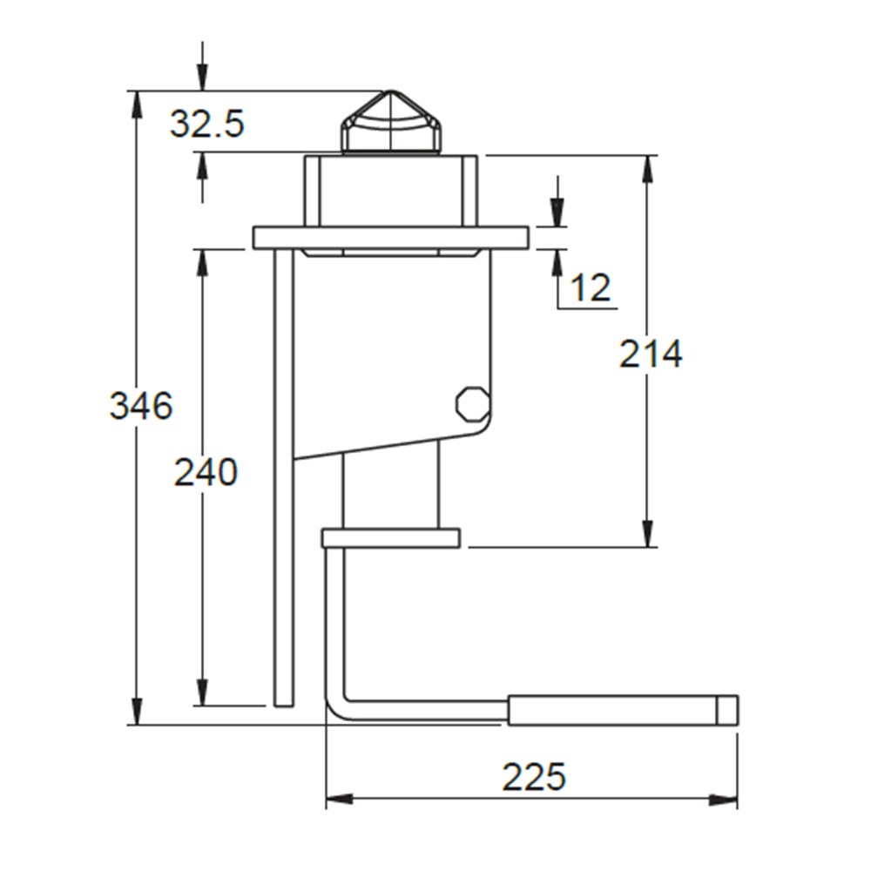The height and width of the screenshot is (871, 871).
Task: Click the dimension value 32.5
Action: [x=206, y=125]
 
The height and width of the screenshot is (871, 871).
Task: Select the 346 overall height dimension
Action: [x=141, y=406]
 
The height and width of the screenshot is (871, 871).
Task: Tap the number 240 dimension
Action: [x=206, y=472]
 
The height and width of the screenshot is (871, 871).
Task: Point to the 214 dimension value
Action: [x=651, y=354]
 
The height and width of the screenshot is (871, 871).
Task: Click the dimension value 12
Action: [x=591, y=287]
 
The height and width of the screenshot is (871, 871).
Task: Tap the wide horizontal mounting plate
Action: [x=391, y=238]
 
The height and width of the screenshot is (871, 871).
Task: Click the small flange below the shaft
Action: [x=390, y=538]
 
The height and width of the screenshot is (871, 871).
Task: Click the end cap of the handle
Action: [x=727, y=710]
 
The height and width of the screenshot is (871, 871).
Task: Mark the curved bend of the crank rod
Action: [x=338, y=706]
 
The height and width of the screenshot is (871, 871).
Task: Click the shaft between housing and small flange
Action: [x=389, y=488]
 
